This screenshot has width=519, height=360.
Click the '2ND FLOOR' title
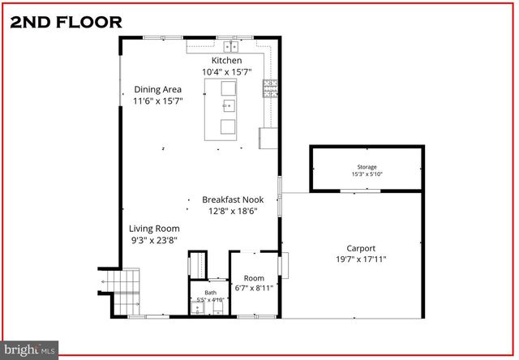click(x=66, y=22)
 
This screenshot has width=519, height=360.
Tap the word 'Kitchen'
click(x=226, y=61)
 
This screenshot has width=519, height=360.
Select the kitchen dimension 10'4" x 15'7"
click(x=226, y=71)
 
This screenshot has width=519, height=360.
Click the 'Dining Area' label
click(x=157, y=90)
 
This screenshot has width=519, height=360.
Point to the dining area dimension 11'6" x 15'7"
click(x=157, y=101)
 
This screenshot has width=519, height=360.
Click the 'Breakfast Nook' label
click(x=233, y=199)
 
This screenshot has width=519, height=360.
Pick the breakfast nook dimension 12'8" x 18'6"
click(x=233, y=212)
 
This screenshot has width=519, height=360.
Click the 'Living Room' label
click(x=154, y=229)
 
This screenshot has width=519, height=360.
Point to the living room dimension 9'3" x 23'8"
click(x=154, y=240)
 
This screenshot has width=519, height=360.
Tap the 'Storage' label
click(x=367, y=167)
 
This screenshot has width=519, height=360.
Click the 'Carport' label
click(x=361, y=248)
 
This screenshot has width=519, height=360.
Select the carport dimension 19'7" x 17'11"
click(x=361, y=259)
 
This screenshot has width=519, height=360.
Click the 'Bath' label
click(x=210, y=293)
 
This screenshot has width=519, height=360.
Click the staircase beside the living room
click(x=126, y=293)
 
